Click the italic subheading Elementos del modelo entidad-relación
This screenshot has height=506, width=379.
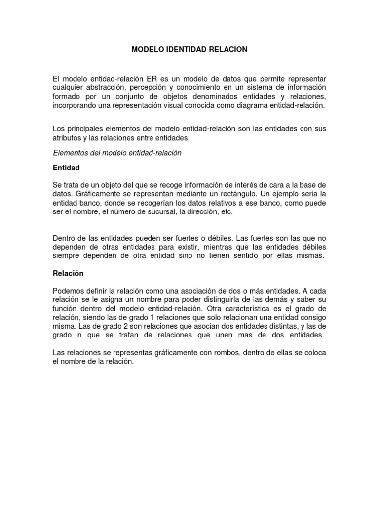(117, 153)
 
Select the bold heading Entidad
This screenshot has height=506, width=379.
(66, 168)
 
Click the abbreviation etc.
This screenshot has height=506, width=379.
(225, 211)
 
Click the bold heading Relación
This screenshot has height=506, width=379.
(68, 273)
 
